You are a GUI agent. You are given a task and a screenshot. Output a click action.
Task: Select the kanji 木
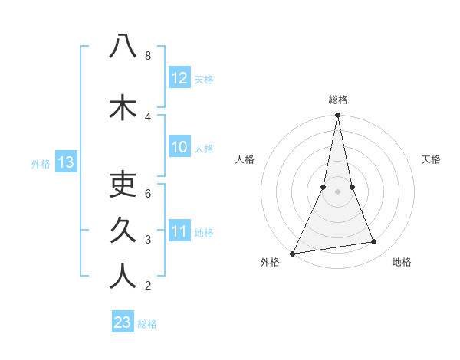point(123,106)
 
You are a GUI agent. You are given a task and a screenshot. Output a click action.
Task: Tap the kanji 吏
point(123,185)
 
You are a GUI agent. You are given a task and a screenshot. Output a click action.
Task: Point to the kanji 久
point(123,230)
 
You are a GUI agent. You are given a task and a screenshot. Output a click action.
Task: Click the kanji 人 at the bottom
point(123,276)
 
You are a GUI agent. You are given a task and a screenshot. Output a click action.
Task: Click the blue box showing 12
point(179,78)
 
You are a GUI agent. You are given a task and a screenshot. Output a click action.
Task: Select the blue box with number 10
point(179,147)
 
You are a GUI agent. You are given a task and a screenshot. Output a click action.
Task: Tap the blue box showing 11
point(179,231)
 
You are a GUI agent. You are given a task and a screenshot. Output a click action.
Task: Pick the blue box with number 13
point(66,162)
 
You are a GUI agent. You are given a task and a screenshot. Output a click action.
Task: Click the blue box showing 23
point(123,322)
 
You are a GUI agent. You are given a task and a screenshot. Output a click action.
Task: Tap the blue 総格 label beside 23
point(147,324)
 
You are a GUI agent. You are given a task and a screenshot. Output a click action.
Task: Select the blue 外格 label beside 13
point(41,163)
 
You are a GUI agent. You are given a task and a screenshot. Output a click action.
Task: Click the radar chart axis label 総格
point(338,100)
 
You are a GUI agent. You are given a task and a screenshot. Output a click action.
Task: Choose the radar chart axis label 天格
point(431,159)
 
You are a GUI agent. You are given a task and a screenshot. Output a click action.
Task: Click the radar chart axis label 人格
point(245,159)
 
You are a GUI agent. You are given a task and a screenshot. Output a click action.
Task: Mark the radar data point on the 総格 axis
point(337,116)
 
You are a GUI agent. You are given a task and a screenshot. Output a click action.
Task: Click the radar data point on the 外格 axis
point(292,254)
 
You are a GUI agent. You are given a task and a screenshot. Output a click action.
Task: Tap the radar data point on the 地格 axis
point(374,242)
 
